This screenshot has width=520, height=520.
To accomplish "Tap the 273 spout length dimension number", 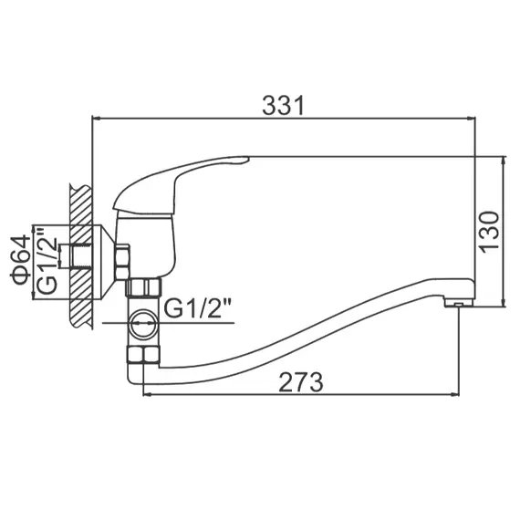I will [300, 381].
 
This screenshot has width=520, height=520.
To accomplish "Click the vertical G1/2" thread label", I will [46, 262].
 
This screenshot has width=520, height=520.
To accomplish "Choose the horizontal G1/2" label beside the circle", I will [198, 310].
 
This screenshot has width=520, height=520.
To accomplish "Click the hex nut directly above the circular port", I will [142, 289].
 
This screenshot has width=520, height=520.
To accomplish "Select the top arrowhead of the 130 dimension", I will [504, 161].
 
